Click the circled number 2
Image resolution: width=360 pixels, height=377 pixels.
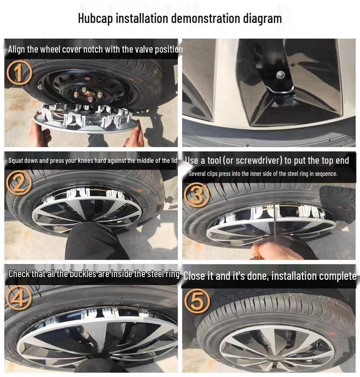(19, 183)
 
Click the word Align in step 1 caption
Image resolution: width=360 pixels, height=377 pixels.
(17, 49)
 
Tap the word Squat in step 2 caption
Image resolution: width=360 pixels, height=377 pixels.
(16, 161)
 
